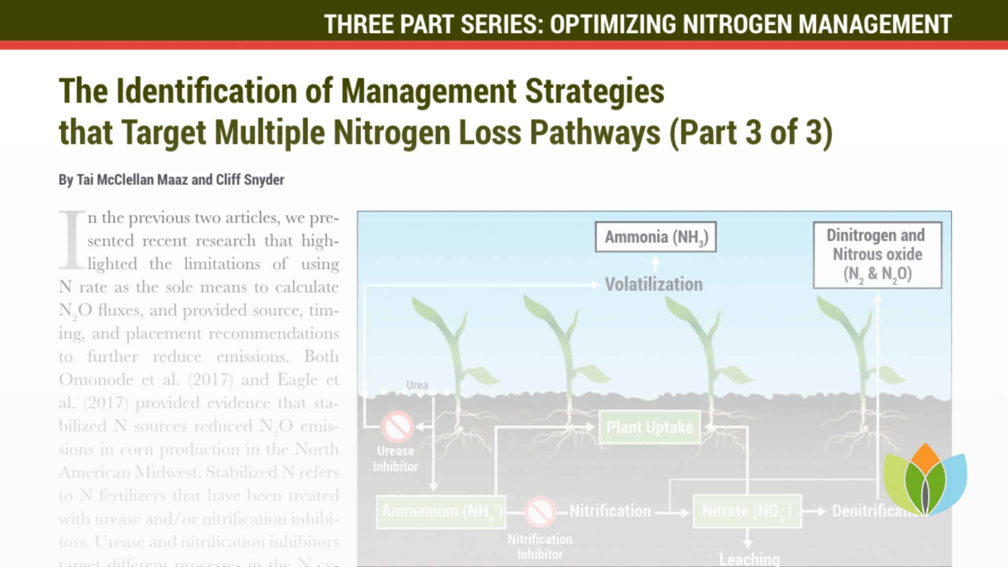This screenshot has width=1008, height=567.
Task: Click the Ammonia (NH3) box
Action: [x=656, y=237]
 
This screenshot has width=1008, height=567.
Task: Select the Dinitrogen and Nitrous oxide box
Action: [x=877, y=255]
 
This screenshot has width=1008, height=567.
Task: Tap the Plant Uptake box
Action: [x=649, y=427]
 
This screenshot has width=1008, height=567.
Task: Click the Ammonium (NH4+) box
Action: [x=441, y=511]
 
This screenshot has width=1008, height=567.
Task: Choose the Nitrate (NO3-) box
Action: [x=747, y=511]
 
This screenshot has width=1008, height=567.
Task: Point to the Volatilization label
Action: [x=654, y=284]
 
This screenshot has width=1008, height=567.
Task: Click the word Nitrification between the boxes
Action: [x=610, y=511]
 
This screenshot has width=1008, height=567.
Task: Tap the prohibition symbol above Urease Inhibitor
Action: [x=397, y=426]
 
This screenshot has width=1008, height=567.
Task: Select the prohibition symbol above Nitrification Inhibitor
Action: [x=539, y=512]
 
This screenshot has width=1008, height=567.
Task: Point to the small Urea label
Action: [x=417, y=385]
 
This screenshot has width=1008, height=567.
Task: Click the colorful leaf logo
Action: [x=925, y=480]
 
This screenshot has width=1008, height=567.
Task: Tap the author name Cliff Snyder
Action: [x=250, y=180]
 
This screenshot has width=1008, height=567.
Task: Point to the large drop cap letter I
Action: [x=72, y=240]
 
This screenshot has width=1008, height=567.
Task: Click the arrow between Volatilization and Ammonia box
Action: [x=655, y=264]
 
